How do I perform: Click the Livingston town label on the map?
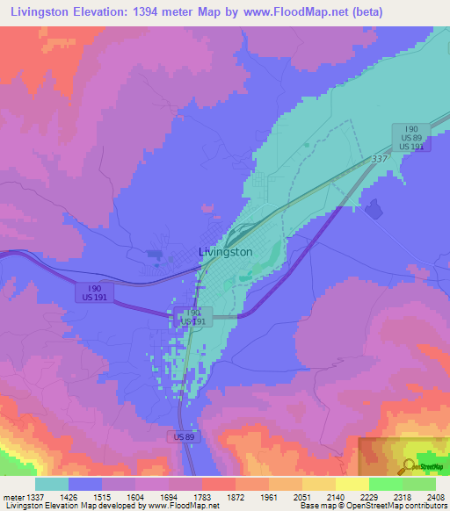point(225,251)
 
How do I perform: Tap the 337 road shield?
point(379,158)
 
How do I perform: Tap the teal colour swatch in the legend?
point(51,484)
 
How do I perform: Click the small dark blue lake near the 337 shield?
point(373,209)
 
